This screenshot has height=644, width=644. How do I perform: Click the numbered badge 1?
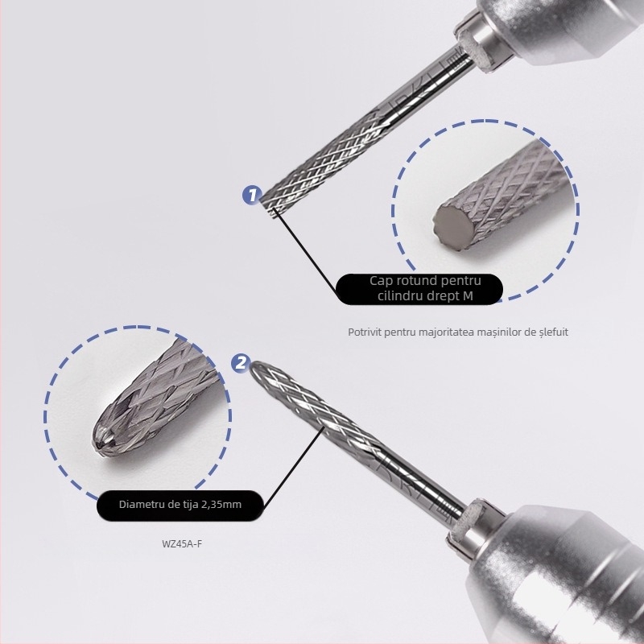[x=252, y=195]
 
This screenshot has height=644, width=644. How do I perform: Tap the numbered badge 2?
[x=241, y=363]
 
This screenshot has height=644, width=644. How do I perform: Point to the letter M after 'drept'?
[x=468, y=296]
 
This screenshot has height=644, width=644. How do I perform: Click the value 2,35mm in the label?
[x=221, y=505]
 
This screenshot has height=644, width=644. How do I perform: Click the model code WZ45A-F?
[x=182, y=544]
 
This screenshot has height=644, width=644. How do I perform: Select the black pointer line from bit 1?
[x=308, y=250]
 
